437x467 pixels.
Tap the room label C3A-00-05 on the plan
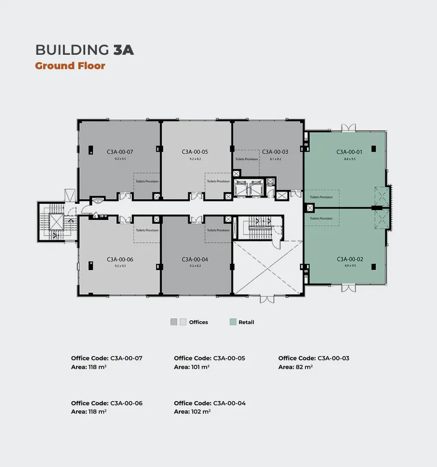pos(191,151)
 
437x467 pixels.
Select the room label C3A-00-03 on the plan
pos(275,151)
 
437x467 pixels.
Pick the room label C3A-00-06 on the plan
pos(120,259)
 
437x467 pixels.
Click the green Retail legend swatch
pos(233,322)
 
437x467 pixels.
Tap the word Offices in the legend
pos(198,322)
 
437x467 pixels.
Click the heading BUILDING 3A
pos(84,50)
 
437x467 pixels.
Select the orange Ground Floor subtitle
pos(70,66)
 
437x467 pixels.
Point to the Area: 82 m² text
pos(295,367)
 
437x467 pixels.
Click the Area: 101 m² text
pos(192,367)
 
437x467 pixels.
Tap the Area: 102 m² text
pos(192,412)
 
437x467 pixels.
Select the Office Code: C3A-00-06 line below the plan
pos(106,403)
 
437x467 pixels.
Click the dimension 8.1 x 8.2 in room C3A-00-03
pos(275,159)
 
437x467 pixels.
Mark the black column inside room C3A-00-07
pos(90,150)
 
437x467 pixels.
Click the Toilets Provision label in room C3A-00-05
pos(218,181)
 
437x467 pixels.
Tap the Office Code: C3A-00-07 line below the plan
pos(106,358)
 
